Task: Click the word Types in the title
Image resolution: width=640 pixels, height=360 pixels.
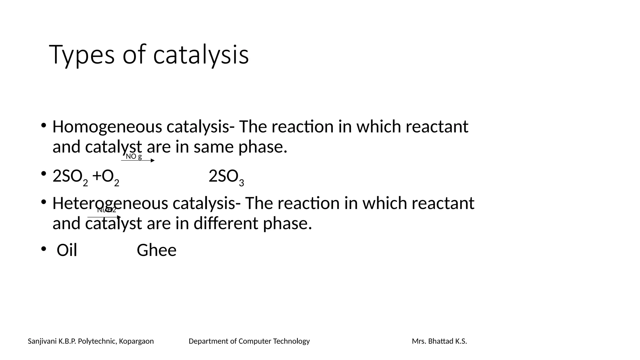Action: pos(82,55)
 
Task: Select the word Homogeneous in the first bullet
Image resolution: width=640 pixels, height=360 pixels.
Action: pos(107,127)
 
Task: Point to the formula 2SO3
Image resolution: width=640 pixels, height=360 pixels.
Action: pos(226,177)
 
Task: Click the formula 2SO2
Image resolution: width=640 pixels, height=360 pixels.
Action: pos(70,177)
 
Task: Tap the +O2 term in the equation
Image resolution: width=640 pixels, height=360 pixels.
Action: pos(106,177)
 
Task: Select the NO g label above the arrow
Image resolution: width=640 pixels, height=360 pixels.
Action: pos(134,157)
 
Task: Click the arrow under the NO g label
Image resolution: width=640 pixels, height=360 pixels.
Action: pos(138,161)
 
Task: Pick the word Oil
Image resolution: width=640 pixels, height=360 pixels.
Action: pos(67,251)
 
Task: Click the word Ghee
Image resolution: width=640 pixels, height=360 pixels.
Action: pos(157,251)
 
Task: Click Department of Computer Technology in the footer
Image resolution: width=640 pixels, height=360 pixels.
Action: pos(249,341)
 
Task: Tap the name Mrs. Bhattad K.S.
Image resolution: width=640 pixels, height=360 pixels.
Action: pos(439,341)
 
